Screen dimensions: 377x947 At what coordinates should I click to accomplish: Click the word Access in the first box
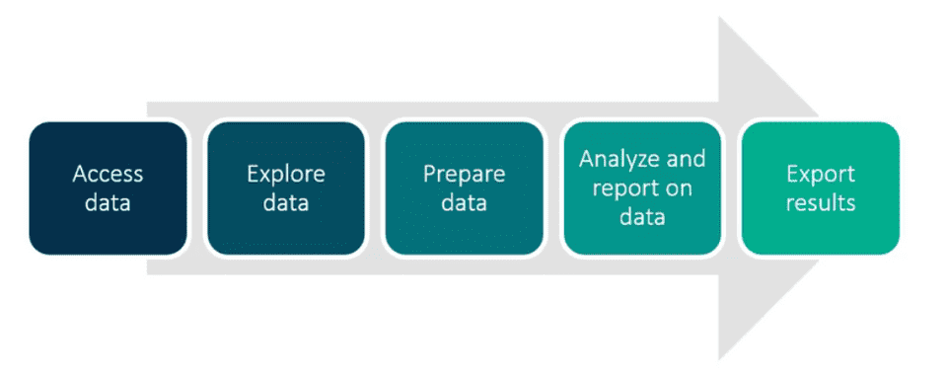pos(108,174)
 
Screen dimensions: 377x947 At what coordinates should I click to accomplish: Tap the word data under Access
pos(108,203)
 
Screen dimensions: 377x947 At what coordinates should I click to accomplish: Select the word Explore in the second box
pos(285,174)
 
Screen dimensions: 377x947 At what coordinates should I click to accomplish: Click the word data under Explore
pos(285,203)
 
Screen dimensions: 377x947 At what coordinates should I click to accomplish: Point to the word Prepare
pos(464,174)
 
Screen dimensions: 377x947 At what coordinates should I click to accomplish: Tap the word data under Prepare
pos(464,203)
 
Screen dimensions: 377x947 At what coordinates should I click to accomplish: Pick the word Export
pos(820,174)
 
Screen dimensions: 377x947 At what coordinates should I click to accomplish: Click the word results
pos(820,203)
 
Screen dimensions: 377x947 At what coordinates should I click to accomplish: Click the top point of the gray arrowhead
pos(720,19)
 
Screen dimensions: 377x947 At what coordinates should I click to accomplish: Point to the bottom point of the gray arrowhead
pos(720,357)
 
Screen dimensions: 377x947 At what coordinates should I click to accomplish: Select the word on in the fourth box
pos(678,188)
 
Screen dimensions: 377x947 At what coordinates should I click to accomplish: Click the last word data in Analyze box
pos(642,216)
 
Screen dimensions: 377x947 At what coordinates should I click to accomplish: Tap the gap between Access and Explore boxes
pos(196,188)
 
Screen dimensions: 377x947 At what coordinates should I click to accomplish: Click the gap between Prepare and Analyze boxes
pos(552,188)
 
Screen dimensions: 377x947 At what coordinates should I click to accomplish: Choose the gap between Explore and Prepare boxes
pos(374,188)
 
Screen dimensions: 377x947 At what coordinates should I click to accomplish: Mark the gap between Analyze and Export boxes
pos(731,188)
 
